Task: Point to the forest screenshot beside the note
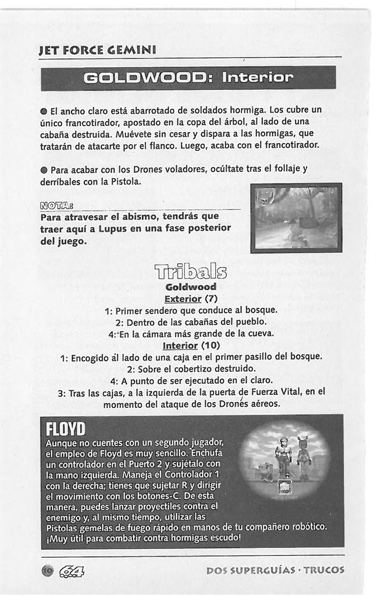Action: (296, 217)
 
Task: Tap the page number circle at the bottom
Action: (47, 570)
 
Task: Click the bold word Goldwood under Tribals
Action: (191, 287)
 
